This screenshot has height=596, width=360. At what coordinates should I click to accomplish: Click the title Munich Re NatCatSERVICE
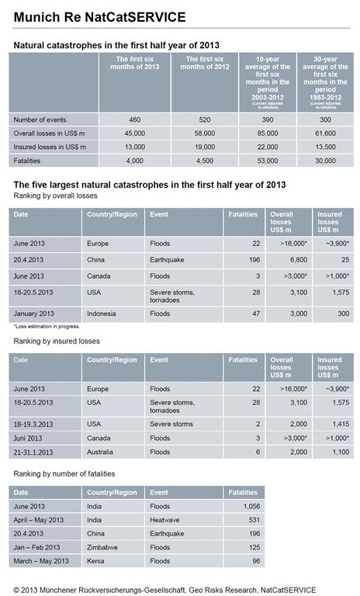coord(100,16)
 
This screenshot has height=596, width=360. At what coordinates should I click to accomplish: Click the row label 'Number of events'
coord(40,120)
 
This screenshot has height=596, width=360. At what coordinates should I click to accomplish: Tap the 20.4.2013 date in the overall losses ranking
coord(29,261)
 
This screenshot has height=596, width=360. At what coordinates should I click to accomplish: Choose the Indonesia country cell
coord(105,314)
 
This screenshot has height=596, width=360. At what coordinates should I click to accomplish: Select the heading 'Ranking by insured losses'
coord(54,341)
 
